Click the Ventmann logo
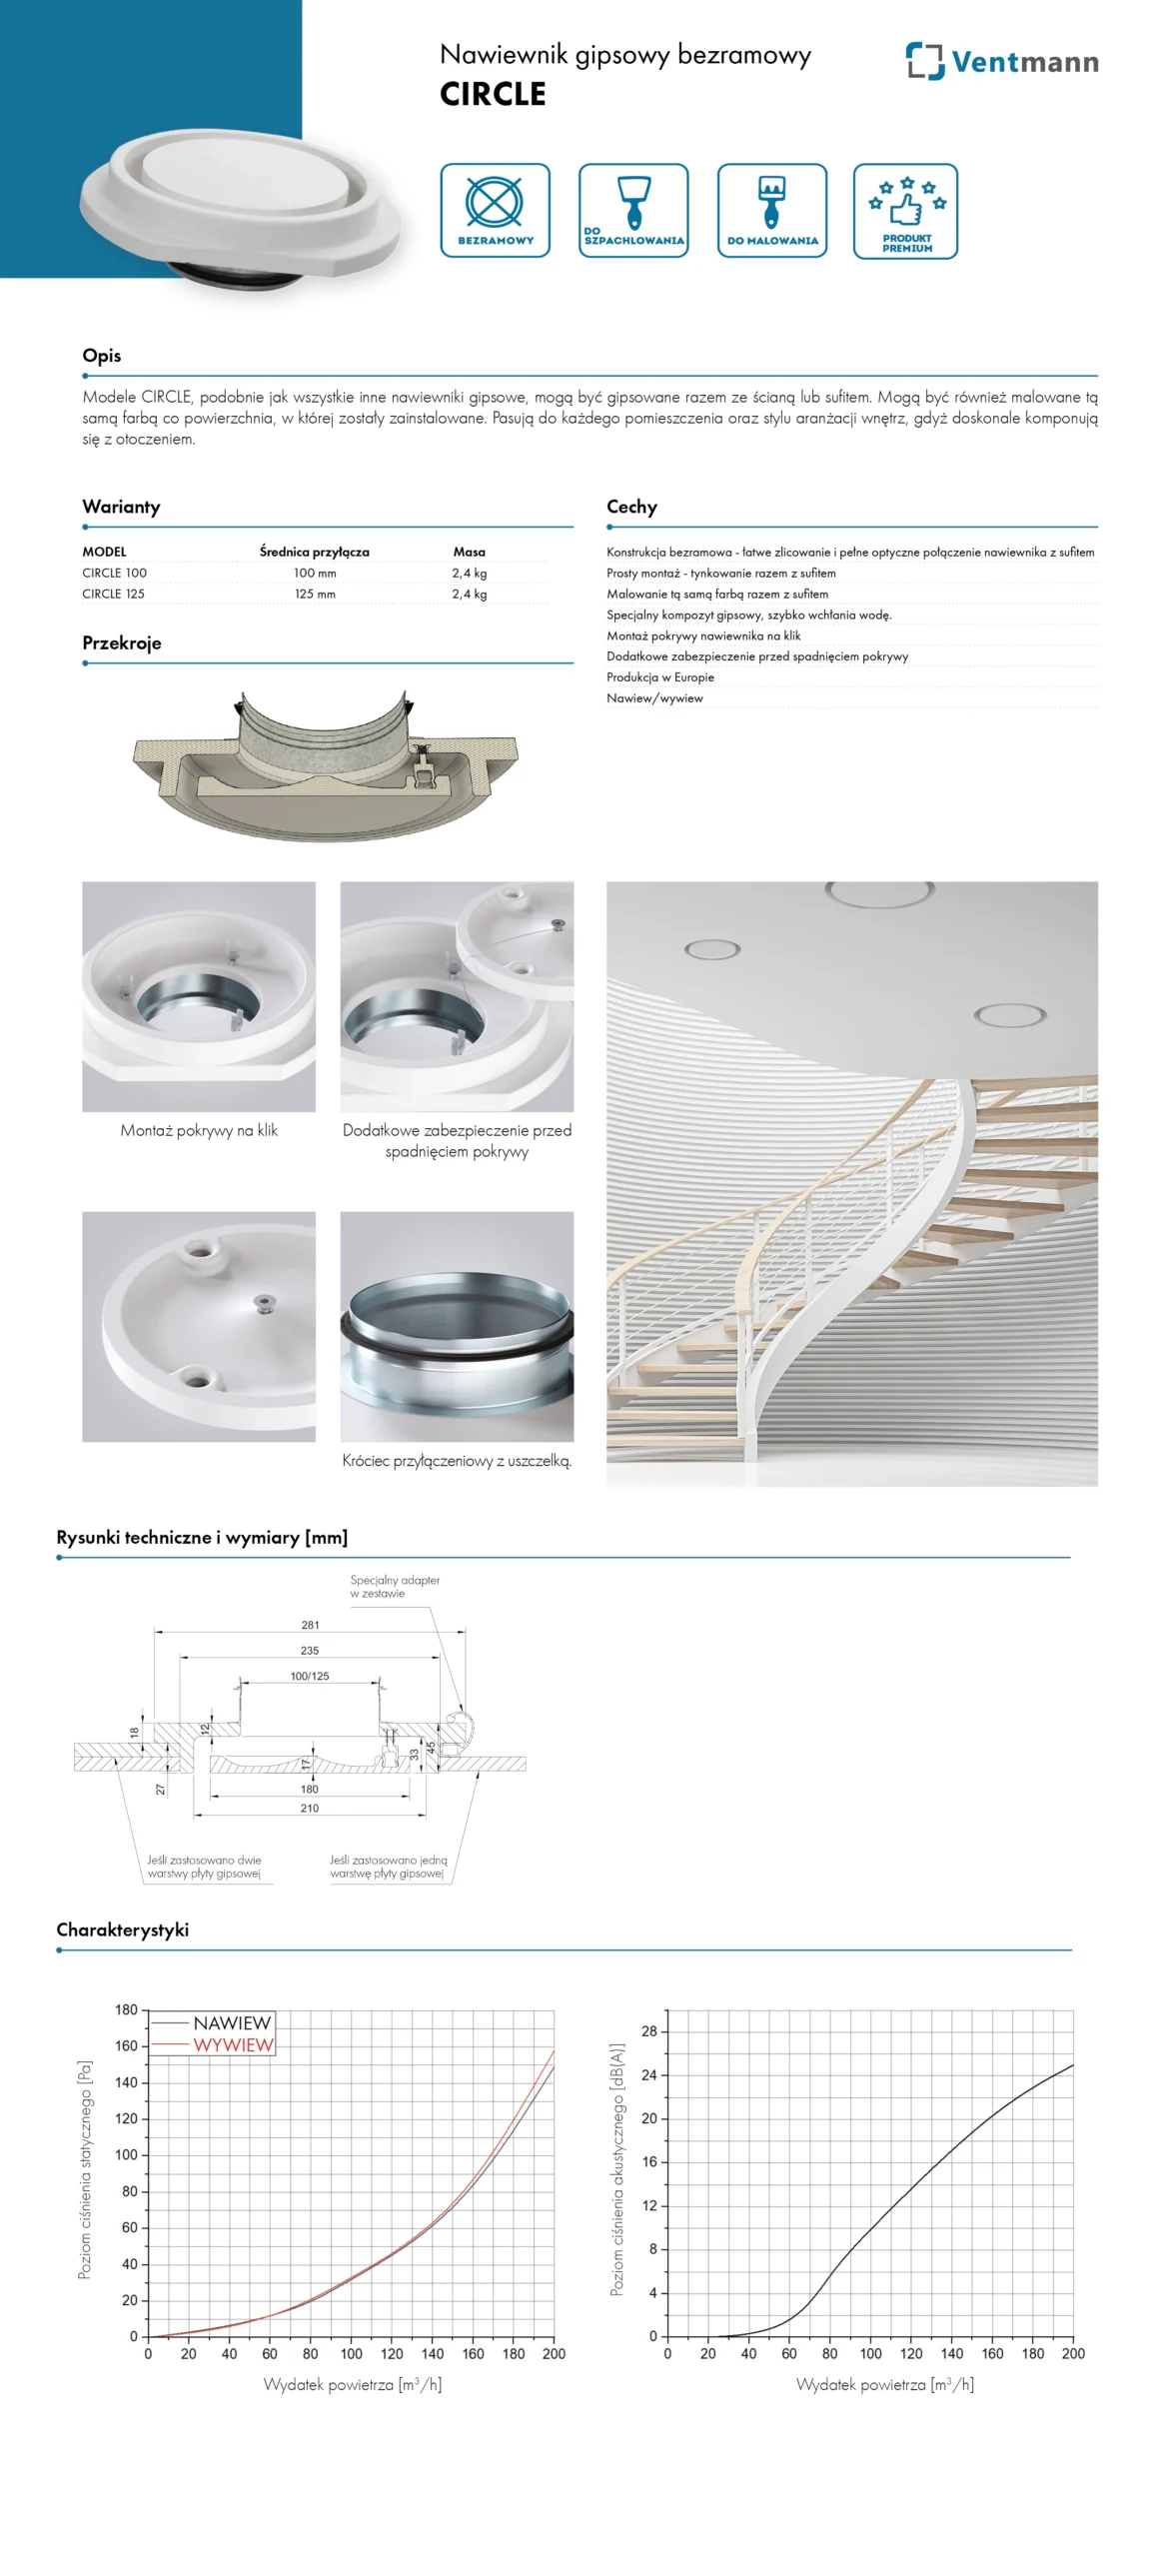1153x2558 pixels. (x=1001, y=62)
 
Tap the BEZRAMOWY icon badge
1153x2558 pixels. (x=495, y=210)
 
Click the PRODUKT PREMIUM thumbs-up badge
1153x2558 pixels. (x=905, y=211)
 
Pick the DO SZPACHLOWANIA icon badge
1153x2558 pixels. (x=633, y=210)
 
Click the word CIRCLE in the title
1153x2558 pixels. (x=493, y=94)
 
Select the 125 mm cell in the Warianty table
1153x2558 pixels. (x=315, y=594)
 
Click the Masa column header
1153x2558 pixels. (x=469, y=552)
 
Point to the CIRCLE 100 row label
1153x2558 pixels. (x=114, y=573)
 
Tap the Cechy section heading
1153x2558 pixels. (x=631, y=507)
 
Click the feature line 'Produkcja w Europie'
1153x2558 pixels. (x=660, y=676)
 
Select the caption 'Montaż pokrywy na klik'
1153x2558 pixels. (x=199, y=1130)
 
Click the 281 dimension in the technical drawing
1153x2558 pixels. (x=310, y=1624)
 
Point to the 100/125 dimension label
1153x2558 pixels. (x=310, y=1676)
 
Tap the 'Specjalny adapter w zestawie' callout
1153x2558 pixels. (x=395, y=1586)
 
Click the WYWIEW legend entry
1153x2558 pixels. (x=233, y=2044)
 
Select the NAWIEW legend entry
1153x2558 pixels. (x=232, y=2022)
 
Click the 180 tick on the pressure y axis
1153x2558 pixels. (x=126, y=2009)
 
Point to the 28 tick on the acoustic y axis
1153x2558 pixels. (x=649, y=2031)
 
